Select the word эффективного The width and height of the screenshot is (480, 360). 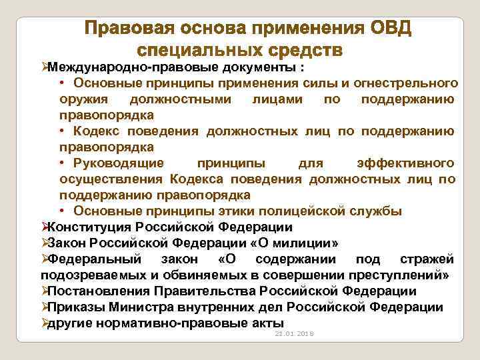406,163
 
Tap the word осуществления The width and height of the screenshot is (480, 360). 111,179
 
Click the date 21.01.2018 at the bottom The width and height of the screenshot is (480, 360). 295,333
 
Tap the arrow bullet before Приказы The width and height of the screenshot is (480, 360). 44,307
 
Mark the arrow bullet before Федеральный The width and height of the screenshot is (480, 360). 44,259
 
